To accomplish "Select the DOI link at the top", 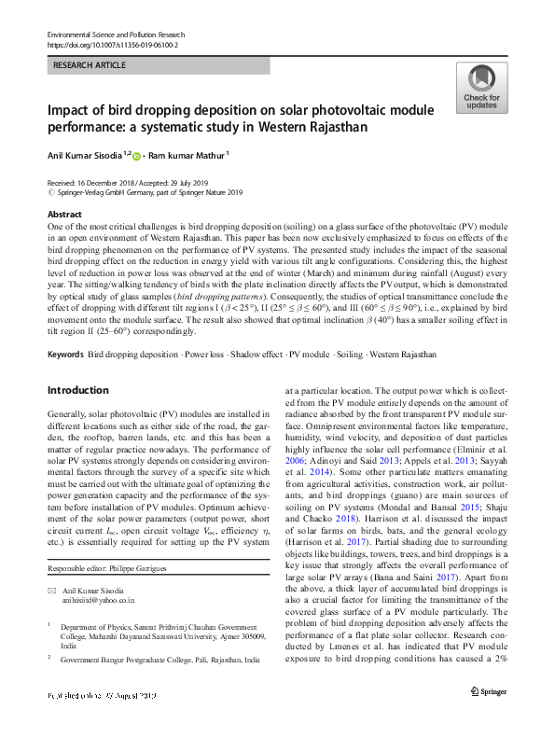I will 113,44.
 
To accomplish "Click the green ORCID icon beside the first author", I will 136,156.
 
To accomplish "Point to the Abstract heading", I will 63,215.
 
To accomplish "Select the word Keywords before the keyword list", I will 64,355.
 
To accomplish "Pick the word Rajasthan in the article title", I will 311,126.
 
